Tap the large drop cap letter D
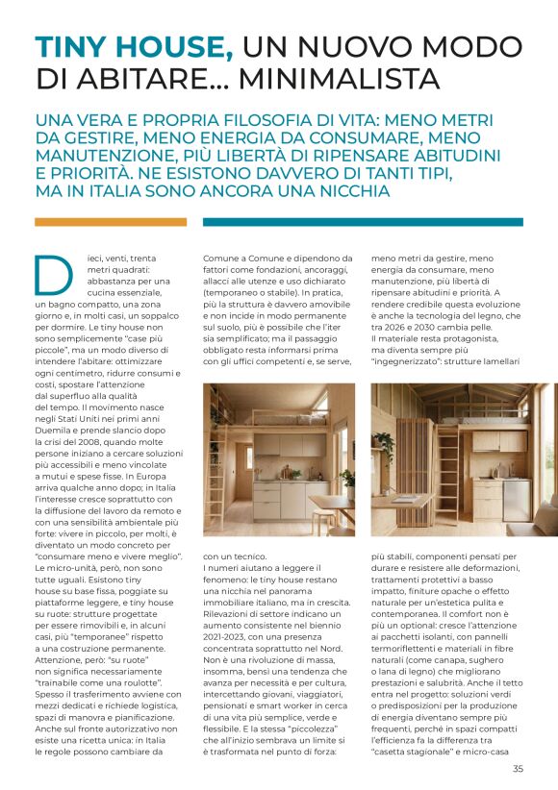[x=53, y=274]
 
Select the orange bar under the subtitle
[x=111, y=222]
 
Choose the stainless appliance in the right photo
[x=518, y=500]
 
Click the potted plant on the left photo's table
[x=345, y=477]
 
